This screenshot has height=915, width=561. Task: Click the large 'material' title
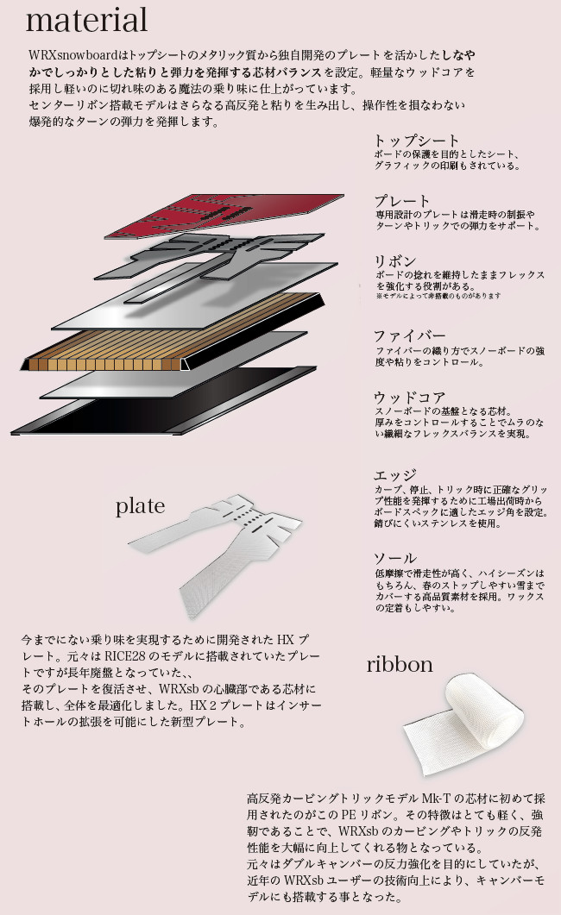tap(87, 19)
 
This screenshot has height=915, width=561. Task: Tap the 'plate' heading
tap(140, 506)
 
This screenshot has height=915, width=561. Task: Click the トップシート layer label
tap(416, 141)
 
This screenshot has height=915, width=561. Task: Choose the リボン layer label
tap(394, 261)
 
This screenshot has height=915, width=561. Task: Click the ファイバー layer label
tap(409, 335)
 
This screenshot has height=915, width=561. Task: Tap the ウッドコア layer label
tap(409, 398)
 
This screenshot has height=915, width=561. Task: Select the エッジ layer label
tap(394, 475)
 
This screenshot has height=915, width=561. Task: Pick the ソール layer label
tap(394, 558)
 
